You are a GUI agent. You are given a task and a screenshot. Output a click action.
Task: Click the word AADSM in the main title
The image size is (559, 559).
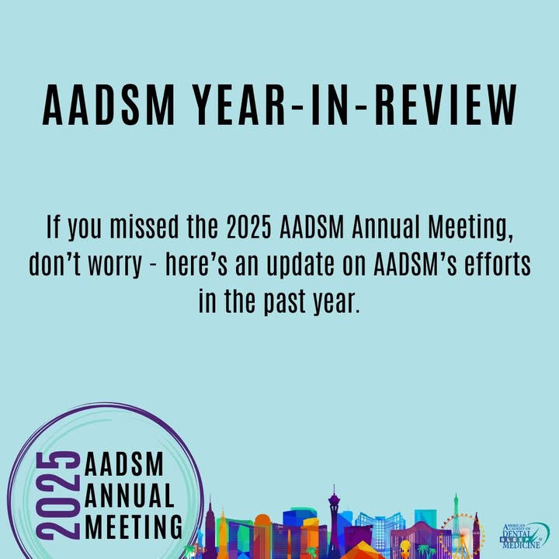point(109,105)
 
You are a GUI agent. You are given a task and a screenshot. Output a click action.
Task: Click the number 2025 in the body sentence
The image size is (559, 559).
point(249,227)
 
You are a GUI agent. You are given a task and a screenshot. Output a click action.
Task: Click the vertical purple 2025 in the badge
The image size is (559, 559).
point(60,495)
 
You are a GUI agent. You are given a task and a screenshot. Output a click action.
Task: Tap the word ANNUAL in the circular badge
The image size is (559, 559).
point(130,495)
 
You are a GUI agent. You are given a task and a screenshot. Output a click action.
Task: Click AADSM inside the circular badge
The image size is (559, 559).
point(124,464)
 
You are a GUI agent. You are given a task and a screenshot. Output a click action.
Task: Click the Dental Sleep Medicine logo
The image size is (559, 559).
point(524,536)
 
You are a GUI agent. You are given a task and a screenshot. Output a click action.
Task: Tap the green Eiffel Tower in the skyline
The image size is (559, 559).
point(456,524)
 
